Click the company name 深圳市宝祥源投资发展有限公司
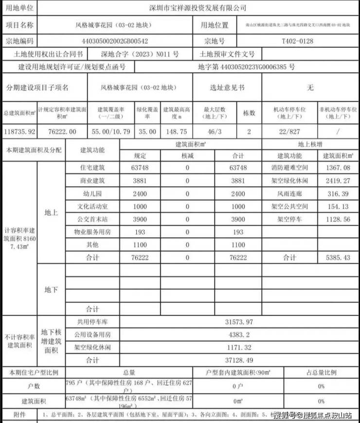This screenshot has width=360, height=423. click(197, 8)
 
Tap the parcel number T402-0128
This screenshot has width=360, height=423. click(298, 41)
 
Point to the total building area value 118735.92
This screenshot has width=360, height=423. click(18, 131)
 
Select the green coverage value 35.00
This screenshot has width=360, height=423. click(147, 131)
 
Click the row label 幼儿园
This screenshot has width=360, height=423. click(92, 193)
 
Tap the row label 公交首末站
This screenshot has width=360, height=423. click(92, 219)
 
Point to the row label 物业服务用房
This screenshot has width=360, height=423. click(92, 232)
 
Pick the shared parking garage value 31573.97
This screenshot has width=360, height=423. click(239, 322)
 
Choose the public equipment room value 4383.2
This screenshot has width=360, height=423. click(239, 335)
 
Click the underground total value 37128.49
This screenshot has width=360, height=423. click(239, 360)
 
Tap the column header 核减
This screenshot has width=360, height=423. click(187, 156)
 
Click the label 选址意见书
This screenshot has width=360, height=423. click(227, 88)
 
